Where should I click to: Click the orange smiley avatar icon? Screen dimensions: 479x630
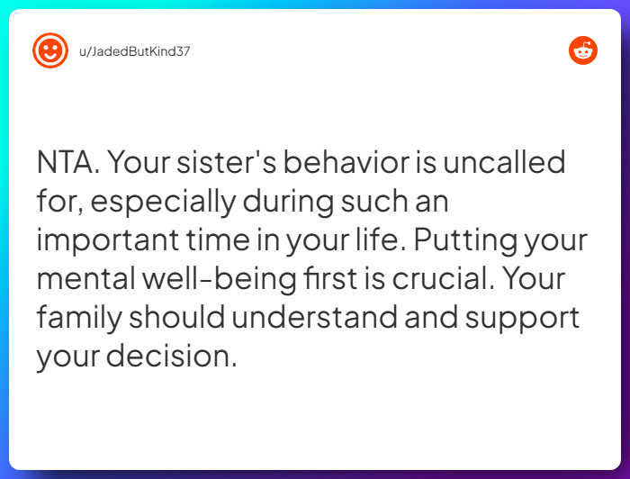tap(50, 50)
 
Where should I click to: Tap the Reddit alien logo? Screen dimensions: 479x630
tap(583, 50)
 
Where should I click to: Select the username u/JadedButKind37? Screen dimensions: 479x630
tap(135, 51)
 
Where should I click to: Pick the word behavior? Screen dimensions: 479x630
tap(362, 164)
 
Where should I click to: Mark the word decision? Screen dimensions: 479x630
tap(171, 357)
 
